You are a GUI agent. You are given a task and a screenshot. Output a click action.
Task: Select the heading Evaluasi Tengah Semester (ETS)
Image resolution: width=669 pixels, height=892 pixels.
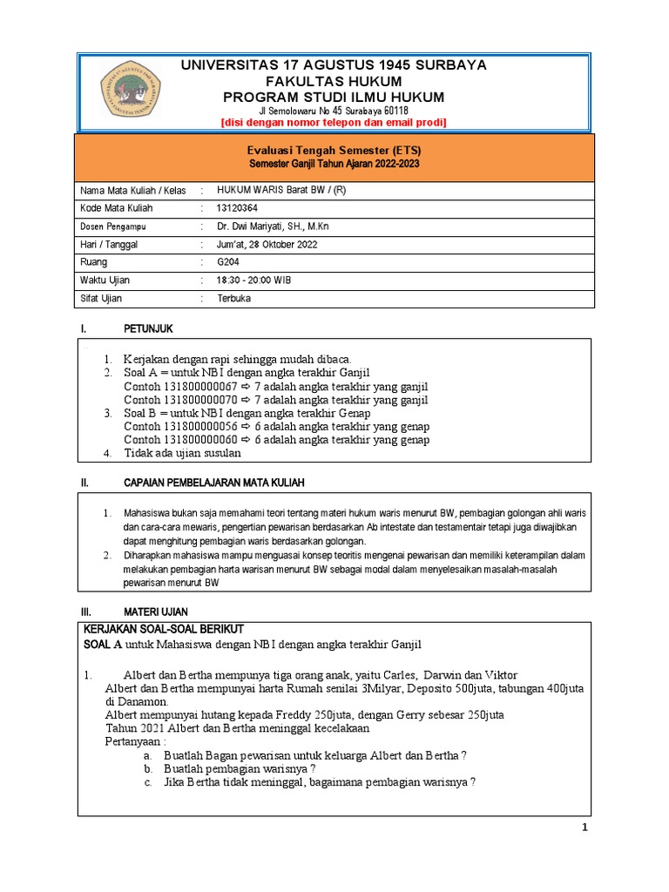click(335, 151)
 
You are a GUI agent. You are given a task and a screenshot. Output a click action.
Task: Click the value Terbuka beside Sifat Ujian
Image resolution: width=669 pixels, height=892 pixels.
click(233, 298)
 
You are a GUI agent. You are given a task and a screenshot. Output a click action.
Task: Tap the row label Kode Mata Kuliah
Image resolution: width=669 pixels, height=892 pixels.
click(116, 209)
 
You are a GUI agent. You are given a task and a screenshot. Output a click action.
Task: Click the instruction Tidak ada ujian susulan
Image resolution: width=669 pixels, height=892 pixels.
click(182, 453)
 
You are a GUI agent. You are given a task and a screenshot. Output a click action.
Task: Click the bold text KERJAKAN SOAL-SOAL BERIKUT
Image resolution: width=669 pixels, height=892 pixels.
click(163, 629)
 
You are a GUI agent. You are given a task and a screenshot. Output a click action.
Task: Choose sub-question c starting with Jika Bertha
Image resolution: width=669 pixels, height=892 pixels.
click(319, 782)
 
